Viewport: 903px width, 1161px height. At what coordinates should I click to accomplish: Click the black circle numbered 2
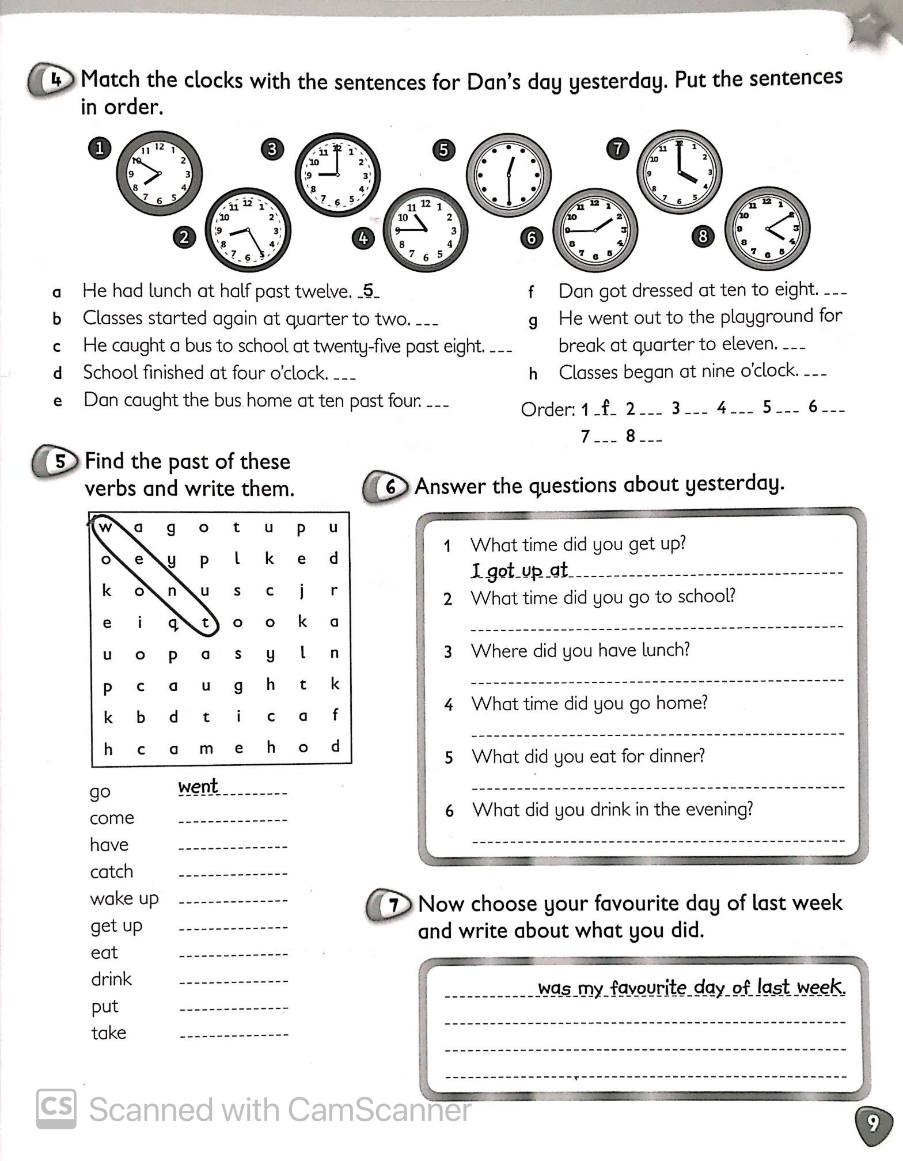(x=184, y=237)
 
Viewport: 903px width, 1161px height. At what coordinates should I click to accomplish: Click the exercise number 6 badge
(x=389, y=487)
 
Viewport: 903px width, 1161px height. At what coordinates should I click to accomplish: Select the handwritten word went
(x=198, y=786)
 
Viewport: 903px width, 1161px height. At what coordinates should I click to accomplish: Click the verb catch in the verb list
(x=111, y=871)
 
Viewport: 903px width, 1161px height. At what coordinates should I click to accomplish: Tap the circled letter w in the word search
(x=105, y=527)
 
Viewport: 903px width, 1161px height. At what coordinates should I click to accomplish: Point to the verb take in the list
(x=108, y=1033)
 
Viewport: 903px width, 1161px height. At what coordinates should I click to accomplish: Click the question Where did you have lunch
(x=579, y=650)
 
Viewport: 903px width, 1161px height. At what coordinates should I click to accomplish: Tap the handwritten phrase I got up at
(x=519, y=570)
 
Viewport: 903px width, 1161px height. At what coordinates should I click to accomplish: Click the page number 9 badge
(x=873, y=1124)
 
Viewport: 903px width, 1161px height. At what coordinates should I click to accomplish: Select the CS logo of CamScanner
(x=56, y=1109)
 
